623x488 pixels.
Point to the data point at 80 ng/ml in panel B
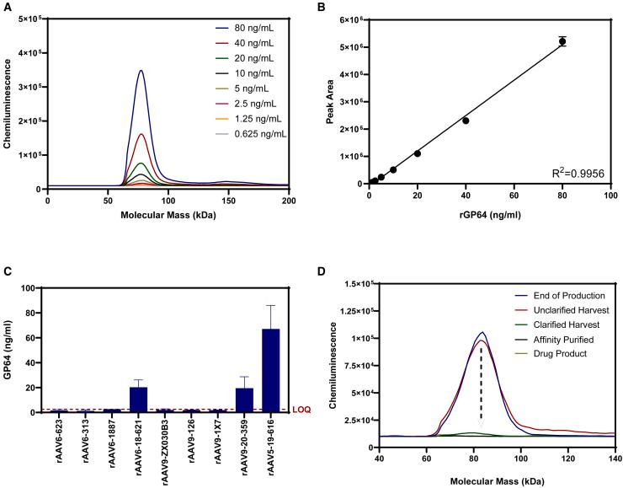tap(562, 41)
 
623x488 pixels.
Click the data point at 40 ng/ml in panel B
tap(466, 121)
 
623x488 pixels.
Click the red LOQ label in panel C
tap(301, 410)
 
